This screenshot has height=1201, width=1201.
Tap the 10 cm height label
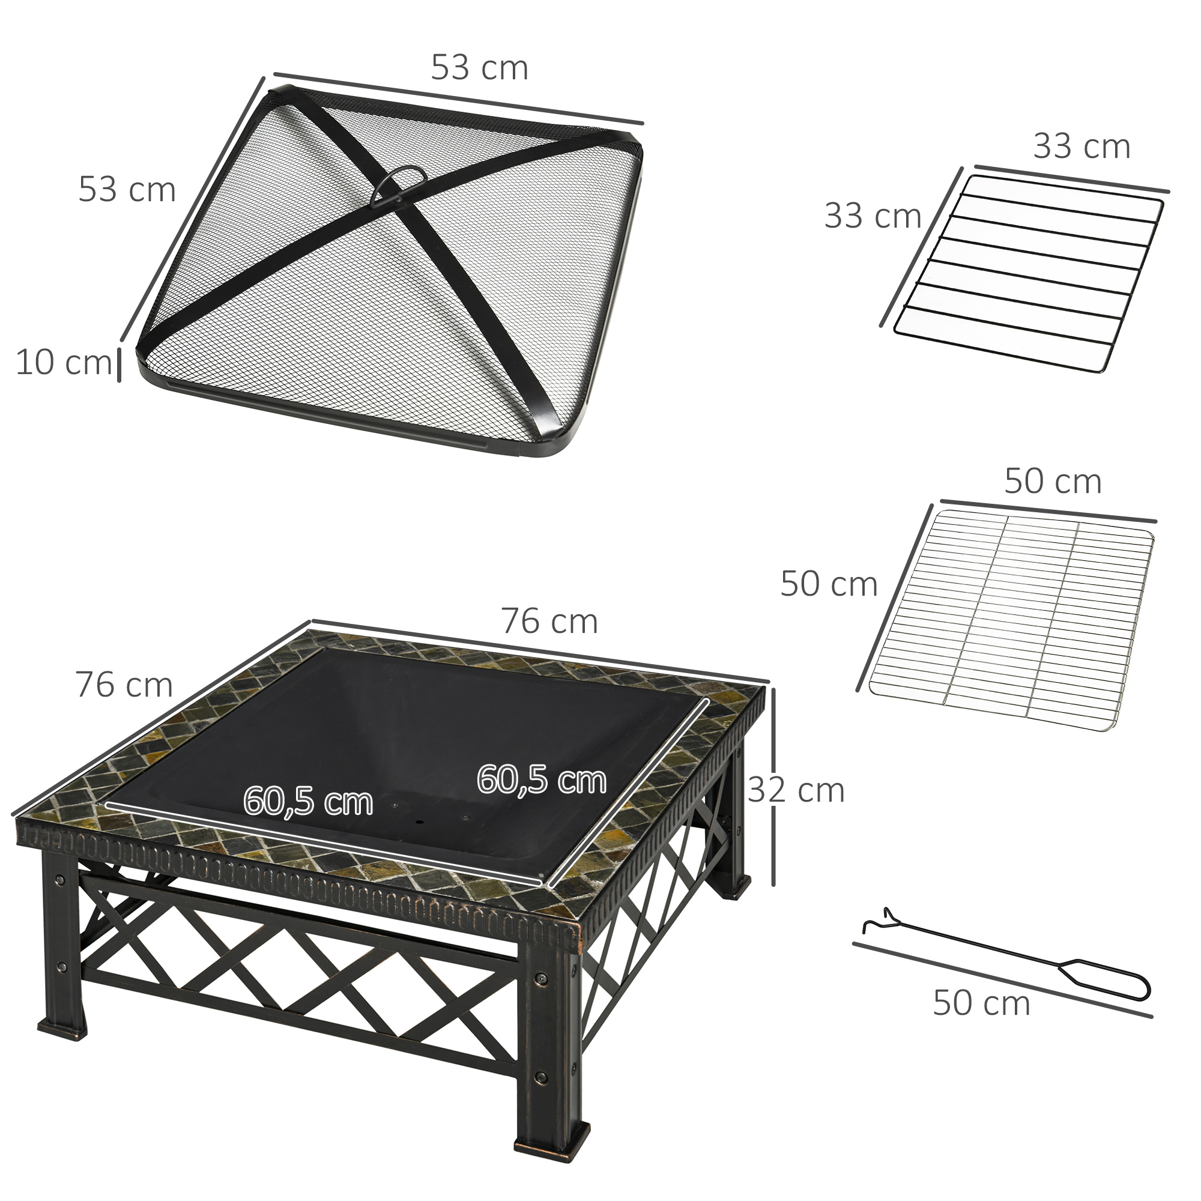(x=64, y=363)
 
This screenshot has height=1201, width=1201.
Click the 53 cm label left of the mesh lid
(x=127, y=189)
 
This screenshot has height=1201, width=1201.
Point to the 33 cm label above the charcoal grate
(x=1081, y=147)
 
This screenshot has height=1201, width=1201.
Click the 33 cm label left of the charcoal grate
(x=872, y=216)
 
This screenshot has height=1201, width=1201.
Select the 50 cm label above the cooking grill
(x=1053, y=481)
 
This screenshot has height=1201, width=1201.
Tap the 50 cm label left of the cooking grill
(x=828, y=584)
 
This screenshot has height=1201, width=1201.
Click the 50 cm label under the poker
(x=981, y=1003)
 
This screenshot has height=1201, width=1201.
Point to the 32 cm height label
(x=796, y=790)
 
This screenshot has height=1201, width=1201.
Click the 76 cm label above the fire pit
(x=549, y=621)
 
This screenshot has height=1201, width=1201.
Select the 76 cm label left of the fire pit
(x=124, y=685)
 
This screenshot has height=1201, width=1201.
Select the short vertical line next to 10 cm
(x=119, y=365)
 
